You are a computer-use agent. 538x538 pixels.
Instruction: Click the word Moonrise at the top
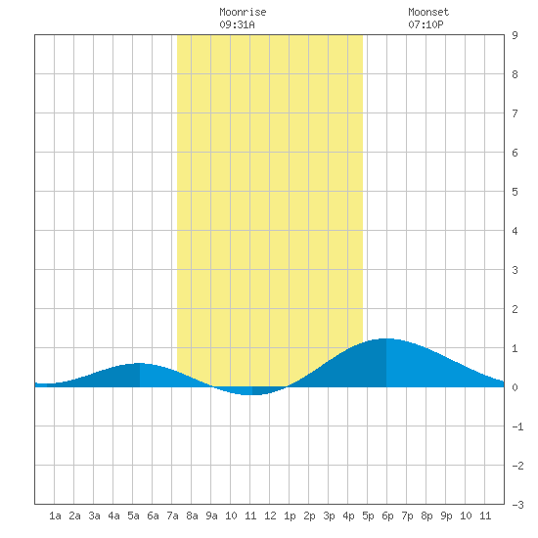[243, 12]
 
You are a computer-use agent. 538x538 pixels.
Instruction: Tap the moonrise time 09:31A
[237, 24]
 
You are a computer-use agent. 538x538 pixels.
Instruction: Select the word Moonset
[428, 12]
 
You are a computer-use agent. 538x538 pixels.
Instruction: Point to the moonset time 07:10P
[426, 24]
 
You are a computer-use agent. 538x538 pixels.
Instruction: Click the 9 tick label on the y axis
[515, 35]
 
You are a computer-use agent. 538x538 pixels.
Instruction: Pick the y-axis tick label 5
[515, 192]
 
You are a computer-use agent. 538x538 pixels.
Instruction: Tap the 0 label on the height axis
[515, 387]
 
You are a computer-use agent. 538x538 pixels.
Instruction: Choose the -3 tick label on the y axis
[517, 505]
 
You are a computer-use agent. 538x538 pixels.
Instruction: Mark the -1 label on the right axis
[517, 426]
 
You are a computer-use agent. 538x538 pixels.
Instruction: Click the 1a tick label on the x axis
[55, 516]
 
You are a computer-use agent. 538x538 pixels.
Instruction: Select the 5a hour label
[133, 516]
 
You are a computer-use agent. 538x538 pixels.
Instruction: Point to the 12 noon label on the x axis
[270, 516]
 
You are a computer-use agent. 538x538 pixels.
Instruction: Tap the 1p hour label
[290, 516]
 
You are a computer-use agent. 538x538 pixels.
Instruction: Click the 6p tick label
[387, 516]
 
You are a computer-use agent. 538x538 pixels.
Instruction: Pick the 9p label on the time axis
[446, 516]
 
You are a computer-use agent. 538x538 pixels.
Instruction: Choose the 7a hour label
[172, 516]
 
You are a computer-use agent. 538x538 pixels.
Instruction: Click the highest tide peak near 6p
[386, 338]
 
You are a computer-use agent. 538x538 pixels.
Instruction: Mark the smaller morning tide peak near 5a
[140, 363]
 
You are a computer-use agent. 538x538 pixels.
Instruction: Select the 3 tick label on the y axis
[515, 270]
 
